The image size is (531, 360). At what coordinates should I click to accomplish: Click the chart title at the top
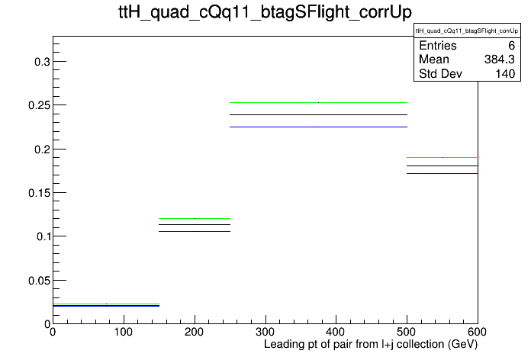[265, 12]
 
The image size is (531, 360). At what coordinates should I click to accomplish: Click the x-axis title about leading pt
[371, 345]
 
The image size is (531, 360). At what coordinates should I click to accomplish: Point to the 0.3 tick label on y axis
[42, 62]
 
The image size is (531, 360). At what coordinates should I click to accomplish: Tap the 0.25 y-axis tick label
[39, 105]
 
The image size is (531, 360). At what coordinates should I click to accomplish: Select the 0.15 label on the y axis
[39, 193]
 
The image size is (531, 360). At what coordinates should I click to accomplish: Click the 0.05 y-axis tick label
[39, 281]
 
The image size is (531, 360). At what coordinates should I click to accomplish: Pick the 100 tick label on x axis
[124, 332]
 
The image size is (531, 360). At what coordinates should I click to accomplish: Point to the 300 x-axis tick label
[265, 332]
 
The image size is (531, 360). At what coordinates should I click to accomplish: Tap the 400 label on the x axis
[336, 332]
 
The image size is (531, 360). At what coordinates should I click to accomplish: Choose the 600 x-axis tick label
[477, 332]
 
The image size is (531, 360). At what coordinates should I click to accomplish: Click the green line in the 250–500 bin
[318, 102]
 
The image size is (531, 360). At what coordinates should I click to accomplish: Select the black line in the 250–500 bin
[318, 115]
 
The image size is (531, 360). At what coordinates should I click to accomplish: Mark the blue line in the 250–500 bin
[318, 127]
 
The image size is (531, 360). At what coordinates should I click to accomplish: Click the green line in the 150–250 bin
[195, 218]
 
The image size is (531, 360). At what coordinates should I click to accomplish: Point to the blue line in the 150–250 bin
[195, 232]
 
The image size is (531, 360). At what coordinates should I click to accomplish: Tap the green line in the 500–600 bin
[443, 157]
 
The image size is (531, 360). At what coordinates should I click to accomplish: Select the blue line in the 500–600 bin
[443, 173]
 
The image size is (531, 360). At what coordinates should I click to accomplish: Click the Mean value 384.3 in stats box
[500, 59]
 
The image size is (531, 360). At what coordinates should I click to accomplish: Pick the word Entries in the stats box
[438, 45]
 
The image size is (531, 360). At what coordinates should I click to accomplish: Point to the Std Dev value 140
[505, 74]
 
